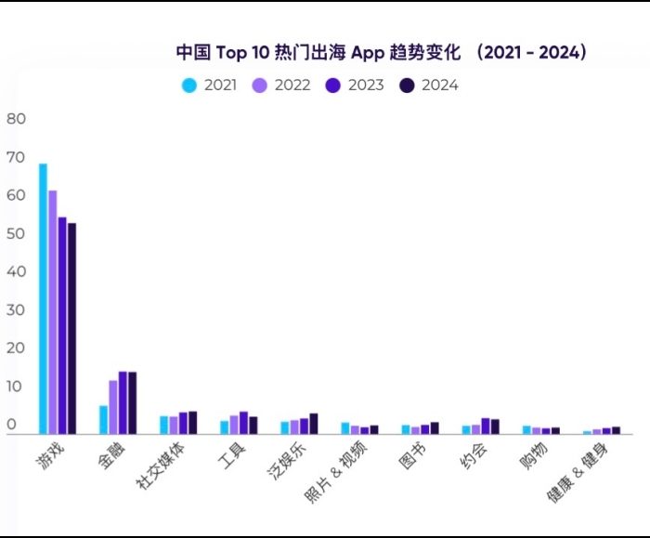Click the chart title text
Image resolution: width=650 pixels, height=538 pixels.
[381, 52]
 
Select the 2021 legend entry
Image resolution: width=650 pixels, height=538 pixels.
[210, 85]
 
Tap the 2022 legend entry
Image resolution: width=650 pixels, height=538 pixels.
[282, 85]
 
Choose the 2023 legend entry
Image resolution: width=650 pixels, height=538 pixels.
[355, 85]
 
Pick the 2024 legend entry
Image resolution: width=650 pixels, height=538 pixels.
[428, 85]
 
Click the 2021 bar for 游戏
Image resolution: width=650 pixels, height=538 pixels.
[43, 297]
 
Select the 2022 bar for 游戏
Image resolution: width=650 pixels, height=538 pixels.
[53, 311]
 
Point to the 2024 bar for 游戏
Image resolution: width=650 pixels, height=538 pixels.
[72, 327]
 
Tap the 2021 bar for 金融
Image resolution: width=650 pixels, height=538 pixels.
[103, 419]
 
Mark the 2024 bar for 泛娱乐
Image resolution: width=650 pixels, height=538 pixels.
[314, 423]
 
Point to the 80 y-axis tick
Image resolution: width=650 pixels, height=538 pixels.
[17, 119]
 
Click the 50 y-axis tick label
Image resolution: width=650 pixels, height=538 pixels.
[17, 233]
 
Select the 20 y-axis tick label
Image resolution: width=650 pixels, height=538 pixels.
[17, 348]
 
